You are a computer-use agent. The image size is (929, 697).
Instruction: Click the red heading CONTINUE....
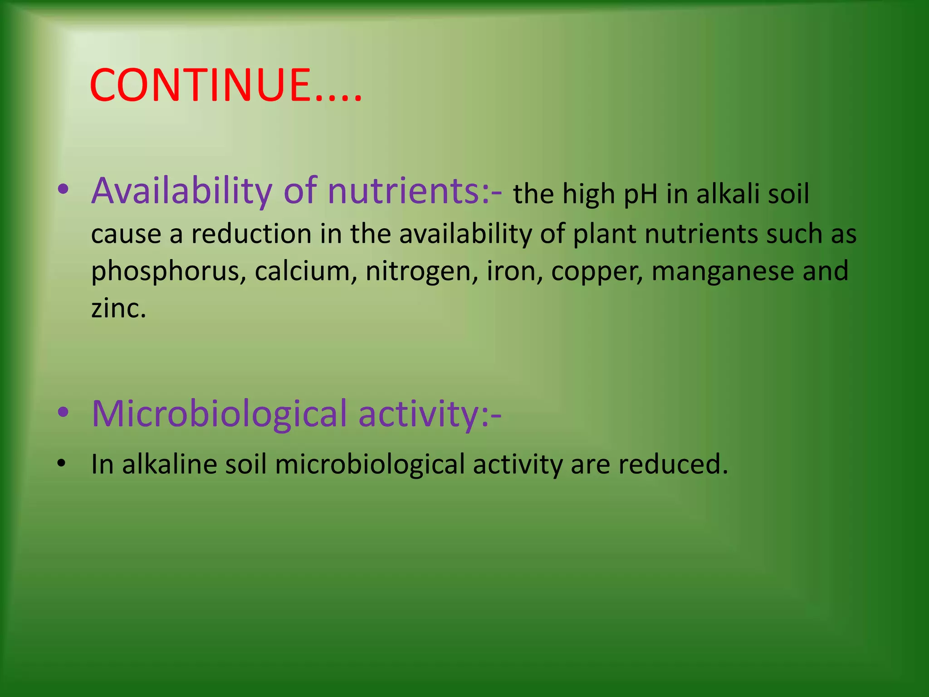coord(225,85)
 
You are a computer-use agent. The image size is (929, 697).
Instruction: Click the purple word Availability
coord(181,191)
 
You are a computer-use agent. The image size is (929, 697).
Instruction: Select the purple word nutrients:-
coord(414,191)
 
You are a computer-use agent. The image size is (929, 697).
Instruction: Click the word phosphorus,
coord(168,271)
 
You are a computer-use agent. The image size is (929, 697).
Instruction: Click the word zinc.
coord(118,308)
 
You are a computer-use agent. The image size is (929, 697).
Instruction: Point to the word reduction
coord(251,234)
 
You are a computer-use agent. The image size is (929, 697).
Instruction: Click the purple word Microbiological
coord(219,414)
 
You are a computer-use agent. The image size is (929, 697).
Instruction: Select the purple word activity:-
coord(430,414)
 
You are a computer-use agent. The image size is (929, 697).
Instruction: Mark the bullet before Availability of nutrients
coord(63,190)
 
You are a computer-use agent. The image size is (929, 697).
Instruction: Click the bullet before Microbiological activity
coord(63,412)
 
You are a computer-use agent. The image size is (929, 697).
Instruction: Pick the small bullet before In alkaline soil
coord(62,464)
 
